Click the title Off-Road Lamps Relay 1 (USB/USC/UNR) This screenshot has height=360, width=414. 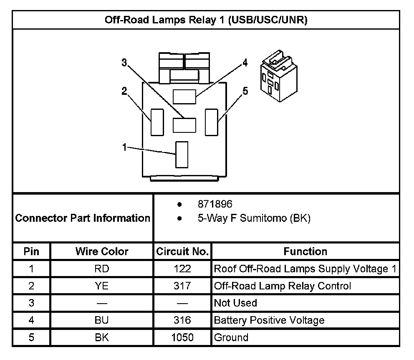coord(206,20)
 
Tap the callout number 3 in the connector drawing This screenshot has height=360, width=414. coord(124,63)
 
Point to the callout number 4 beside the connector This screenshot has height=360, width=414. coord(245,63)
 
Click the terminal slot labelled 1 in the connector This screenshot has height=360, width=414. coord(182,155)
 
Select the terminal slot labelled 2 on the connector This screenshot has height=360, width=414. coord(157,122)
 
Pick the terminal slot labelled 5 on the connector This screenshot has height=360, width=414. coord(211,122)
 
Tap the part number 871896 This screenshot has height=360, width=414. coord(215,205)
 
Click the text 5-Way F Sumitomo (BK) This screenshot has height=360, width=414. coord(254,218)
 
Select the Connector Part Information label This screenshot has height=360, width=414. coord(83,218)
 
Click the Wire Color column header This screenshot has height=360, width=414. coord(102,251)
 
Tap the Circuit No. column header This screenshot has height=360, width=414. coord(182,251)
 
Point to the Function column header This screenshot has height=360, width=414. coord(305,251)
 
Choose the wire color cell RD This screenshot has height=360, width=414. coord(102,269)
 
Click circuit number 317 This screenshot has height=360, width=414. coord(182,286)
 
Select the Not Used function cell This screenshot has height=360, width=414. coord(235,303)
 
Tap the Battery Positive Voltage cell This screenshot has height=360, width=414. coord(269,320)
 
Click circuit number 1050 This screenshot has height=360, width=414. coord(182,337)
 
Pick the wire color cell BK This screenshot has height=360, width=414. coord(102,337)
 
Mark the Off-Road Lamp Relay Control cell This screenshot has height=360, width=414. coord(282,286)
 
